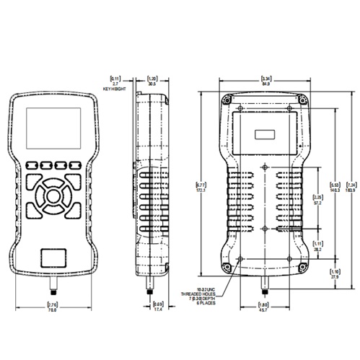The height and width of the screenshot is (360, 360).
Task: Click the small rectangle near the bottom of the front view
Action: tap(52, 257)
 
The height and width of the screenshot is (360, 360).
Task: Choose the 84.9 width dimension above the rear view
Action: tap(265, 84)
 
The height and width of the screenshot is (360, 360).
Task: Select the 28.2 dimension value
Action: tap(317, 250)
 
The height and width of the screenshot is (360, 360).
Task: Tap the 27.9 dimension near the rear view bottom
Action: tap(333, 276)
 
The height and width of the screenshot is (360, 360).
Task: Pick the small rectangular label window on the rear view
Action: tap(264, 133)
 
